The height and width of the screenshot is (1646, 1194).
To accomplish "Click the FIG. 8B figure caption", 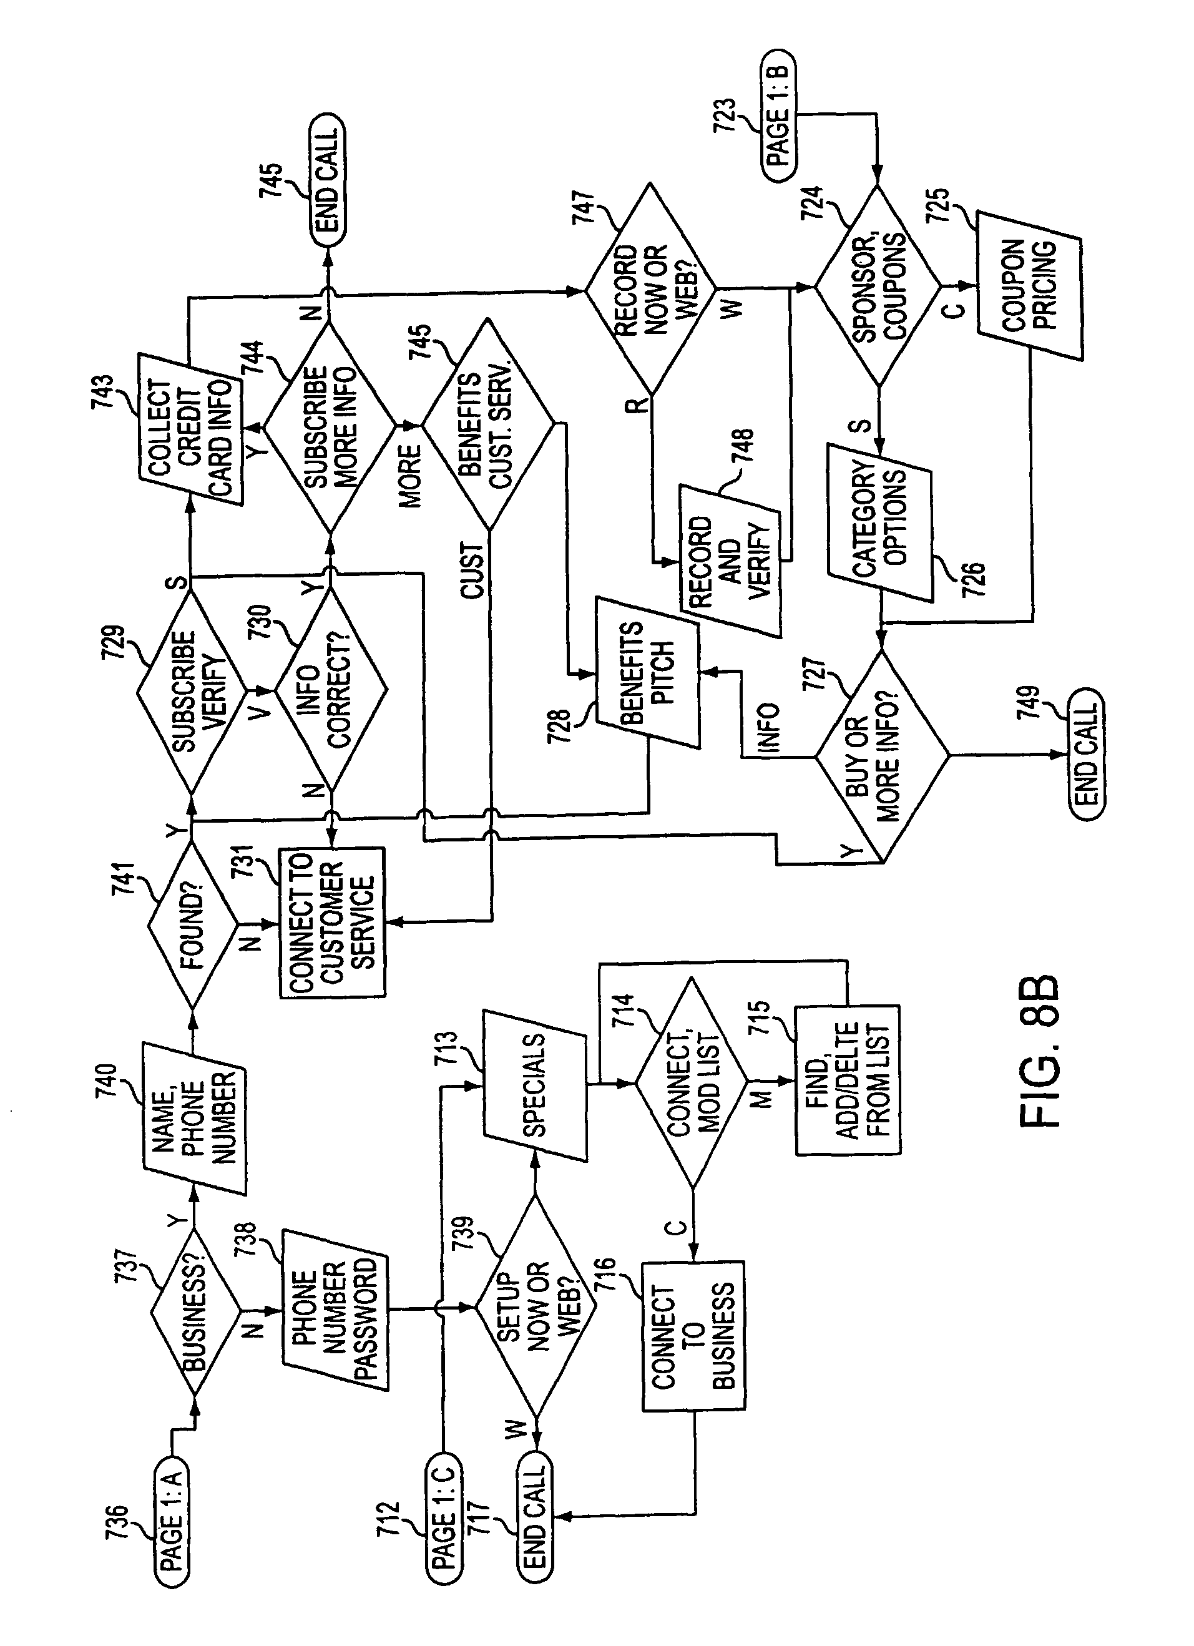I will (1039, 1052).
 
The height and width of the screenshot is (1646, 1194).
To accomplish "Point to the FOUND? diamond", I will (192, 924).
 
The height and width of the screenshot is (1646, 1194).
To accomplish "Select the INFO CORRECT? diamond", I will (330, 687).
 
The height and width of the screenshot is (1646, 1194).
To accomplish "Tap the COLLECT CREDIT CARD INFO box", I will (190, 429).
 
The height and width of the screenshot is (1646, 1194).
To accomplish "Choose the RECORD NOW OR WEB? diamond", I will (650, 290).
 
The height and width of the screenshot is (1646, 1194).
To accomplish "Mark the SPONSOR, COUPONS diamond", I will (878, 286).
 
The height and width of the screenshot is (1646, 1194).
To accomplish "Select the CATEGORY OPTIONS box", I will (879, 522).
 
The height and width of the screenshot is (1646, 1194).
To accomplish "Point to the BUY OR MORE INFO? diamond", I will (881, 757).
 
